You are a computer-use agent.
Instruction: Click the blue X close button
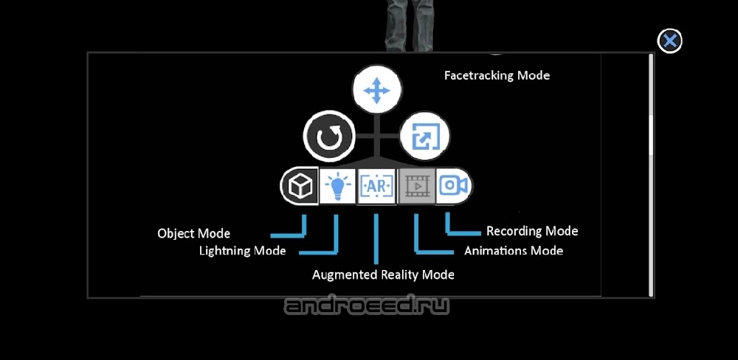(669, 41)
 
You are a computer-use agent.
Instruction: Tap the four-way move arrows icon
(376, 90)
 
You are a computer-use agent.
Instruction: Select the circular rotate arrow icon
(328, 136)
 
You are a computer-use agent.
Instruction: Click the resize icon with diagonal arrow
(425, 136)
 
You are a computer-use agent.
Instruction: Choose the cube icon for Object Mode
(300, 187)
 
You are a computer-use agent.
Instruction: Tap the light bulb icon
(337, 187)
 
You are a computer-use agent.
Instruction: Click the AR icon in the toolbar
(376, 187)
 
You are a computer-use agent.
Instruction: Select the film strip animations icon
(416, 187)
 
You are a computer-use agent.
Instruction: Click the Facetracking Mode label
(497, 75)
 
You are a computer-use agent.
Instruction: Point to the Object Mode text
(194, 233)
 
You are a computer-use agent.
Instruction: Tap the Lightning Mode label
(242, 250)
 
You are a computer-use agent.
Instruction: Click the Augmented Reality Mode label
(383, 274)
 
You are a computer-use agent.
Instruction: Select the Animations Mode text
(514, 251)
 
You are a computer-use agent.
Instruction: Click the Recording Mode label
(532, 231)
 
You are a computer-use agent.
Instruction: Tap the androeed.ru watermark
(367, 306)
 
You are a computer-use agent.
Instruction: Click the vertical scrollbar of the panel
(651, 175)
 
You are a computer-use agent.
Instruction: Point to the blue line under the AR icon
(376, 239)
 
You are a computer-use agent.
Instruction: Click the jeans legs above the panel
(409, 25)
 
